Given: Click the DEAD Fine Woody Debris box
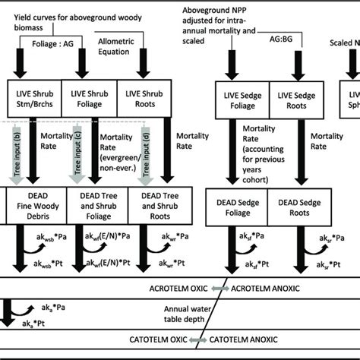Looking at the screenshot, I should tap(36, 205).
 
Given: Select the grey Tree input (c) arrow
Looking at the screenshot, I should tap(74, 152).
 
